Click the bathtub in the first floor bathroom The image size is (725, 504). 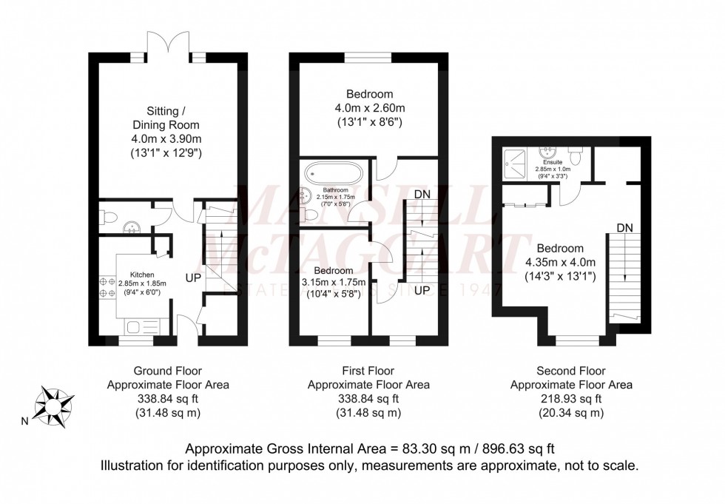334,175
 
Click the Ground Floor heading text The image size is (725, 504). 168,371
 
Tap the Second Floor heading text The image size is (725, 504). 571,371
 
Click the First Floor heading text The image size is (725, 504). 368,371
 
